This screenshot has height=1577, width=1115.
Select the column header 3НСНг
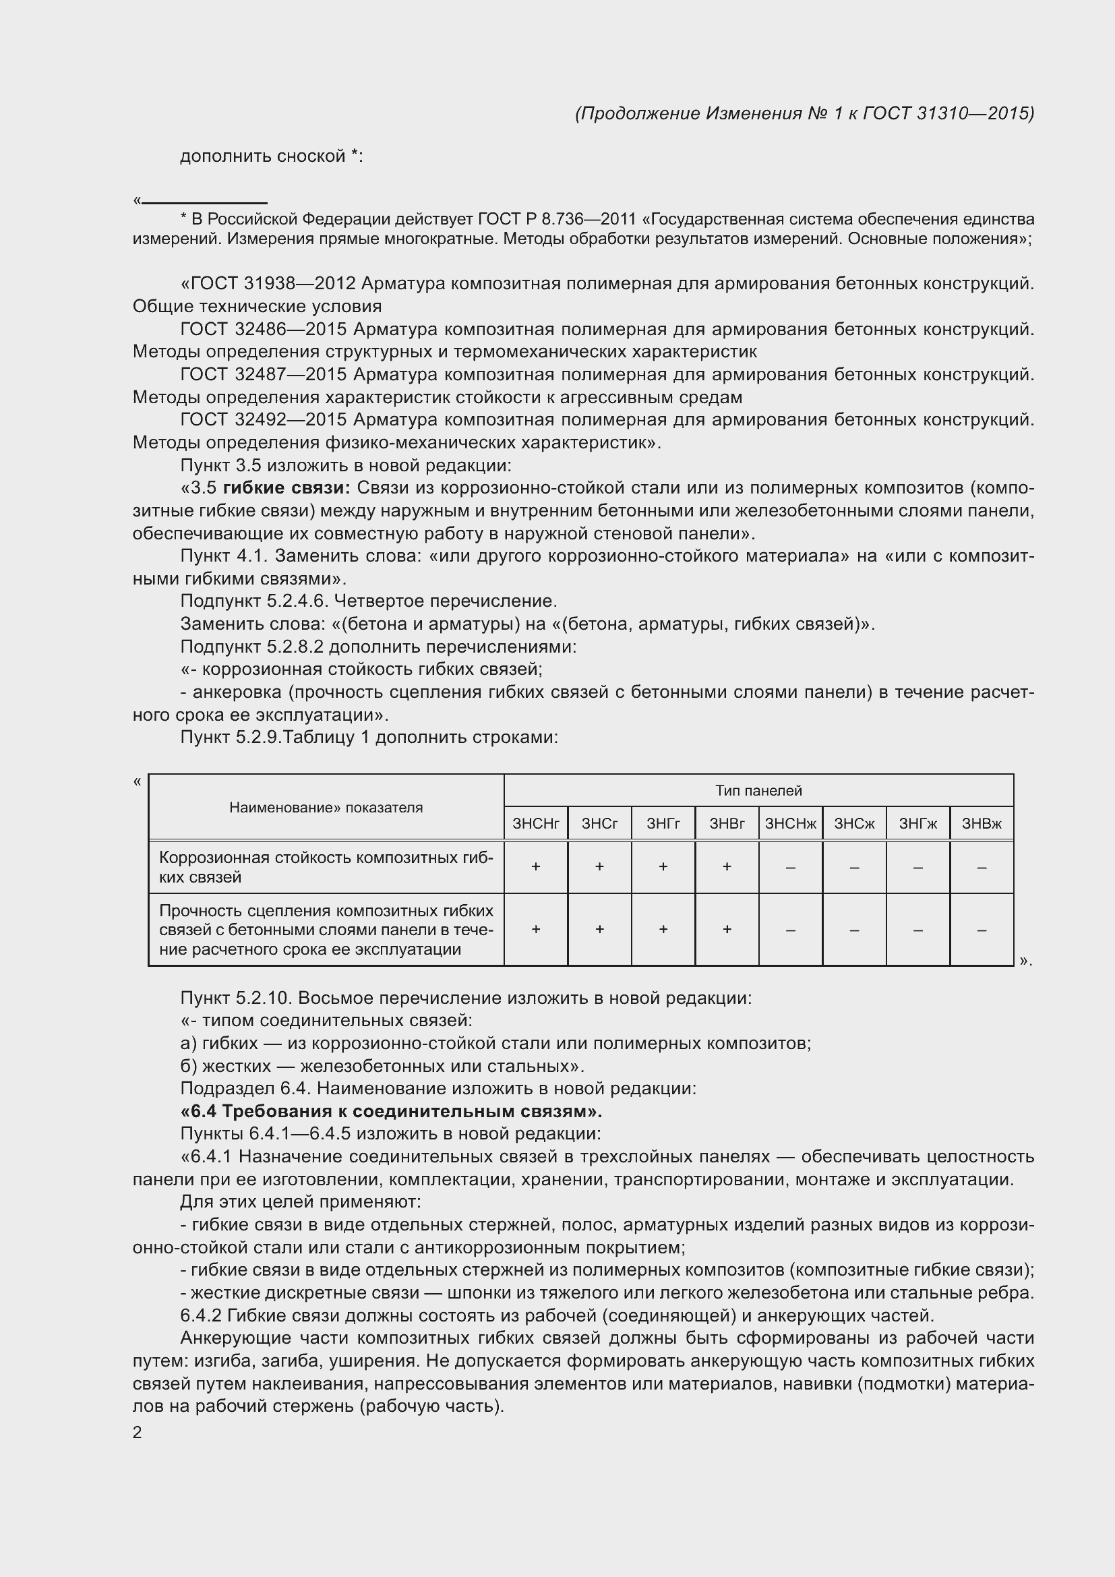tap(535, 823)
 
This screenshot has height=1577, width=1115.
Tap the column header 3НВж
tap(981, 823)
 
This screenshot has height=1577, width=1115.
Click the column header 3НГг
tap(663, 823)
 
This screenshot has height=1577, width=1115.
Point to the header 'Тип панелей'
tap(758, 791)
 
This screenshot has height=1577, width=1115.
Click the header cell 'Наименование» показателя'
tap(326, 808)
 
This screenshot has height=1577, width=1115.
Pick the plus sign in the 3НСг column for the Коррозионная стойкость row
tap(599, 867)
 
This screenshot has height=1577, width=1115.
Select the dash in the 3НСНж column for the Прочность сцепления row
tap(790, 930)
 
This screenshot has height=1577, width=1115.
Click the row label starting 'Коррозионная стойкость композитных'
tap(326, 867)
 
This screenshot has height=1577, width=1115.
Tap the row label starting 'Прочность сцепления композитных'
tap(326, 930)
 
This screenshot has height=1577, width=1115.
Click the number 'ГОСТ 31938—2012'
tap(268, 284)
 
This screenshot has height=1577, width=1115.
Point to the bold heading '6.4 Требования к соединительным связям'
tap(392, 1111)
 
